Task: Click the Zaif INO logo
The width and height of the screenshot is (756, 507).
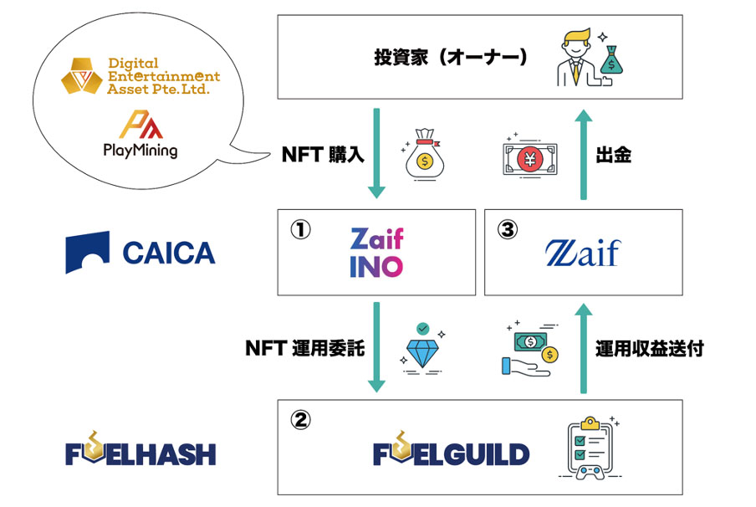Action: click(376, 253)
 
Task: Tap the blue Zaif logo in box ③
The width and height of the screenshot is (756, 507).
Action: click(582, 253)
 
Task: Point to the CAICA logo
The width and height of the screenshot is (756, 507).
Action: click(140, 253)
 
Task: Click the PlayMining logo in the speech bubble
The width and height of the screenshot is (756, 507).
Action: click(140, 134)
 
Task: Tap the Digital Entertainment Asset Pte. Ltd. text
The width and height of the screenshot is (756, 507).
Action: click(163, 76)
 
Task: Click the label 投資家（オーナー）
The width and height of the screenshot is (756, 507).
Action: click(450, 57)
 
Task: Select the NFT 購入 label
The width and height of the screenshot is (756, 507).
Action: click(323, 155)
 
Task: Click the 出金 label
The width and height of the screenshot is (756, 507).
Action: click(614, 155)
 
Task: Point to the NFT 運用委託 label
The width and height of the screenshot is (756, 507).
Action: click(305, 348)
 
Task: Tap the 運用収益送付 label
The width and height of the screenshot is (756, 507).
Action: click(650, 348)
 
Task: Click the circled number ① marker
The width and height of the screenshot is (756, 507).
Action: click(300, 229)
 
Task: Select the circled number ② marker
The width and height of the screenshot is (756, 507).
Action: click(300, 420)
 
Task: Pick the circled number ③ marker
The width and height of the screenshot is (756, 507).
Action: click(508, 229)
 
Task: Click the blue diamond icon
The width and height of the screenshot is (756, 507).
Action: click(422, 348)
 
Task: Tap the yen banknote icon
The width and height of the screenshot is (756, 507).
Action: click(530, 157)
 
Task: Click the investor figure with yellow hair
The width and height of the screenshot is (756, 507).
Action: click(576, 58)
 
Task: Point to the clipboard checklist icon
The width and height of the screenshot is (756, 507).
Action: click(590, 448)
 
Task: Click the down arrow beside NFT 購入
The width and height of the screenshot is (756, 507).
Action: click(376, 153)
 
